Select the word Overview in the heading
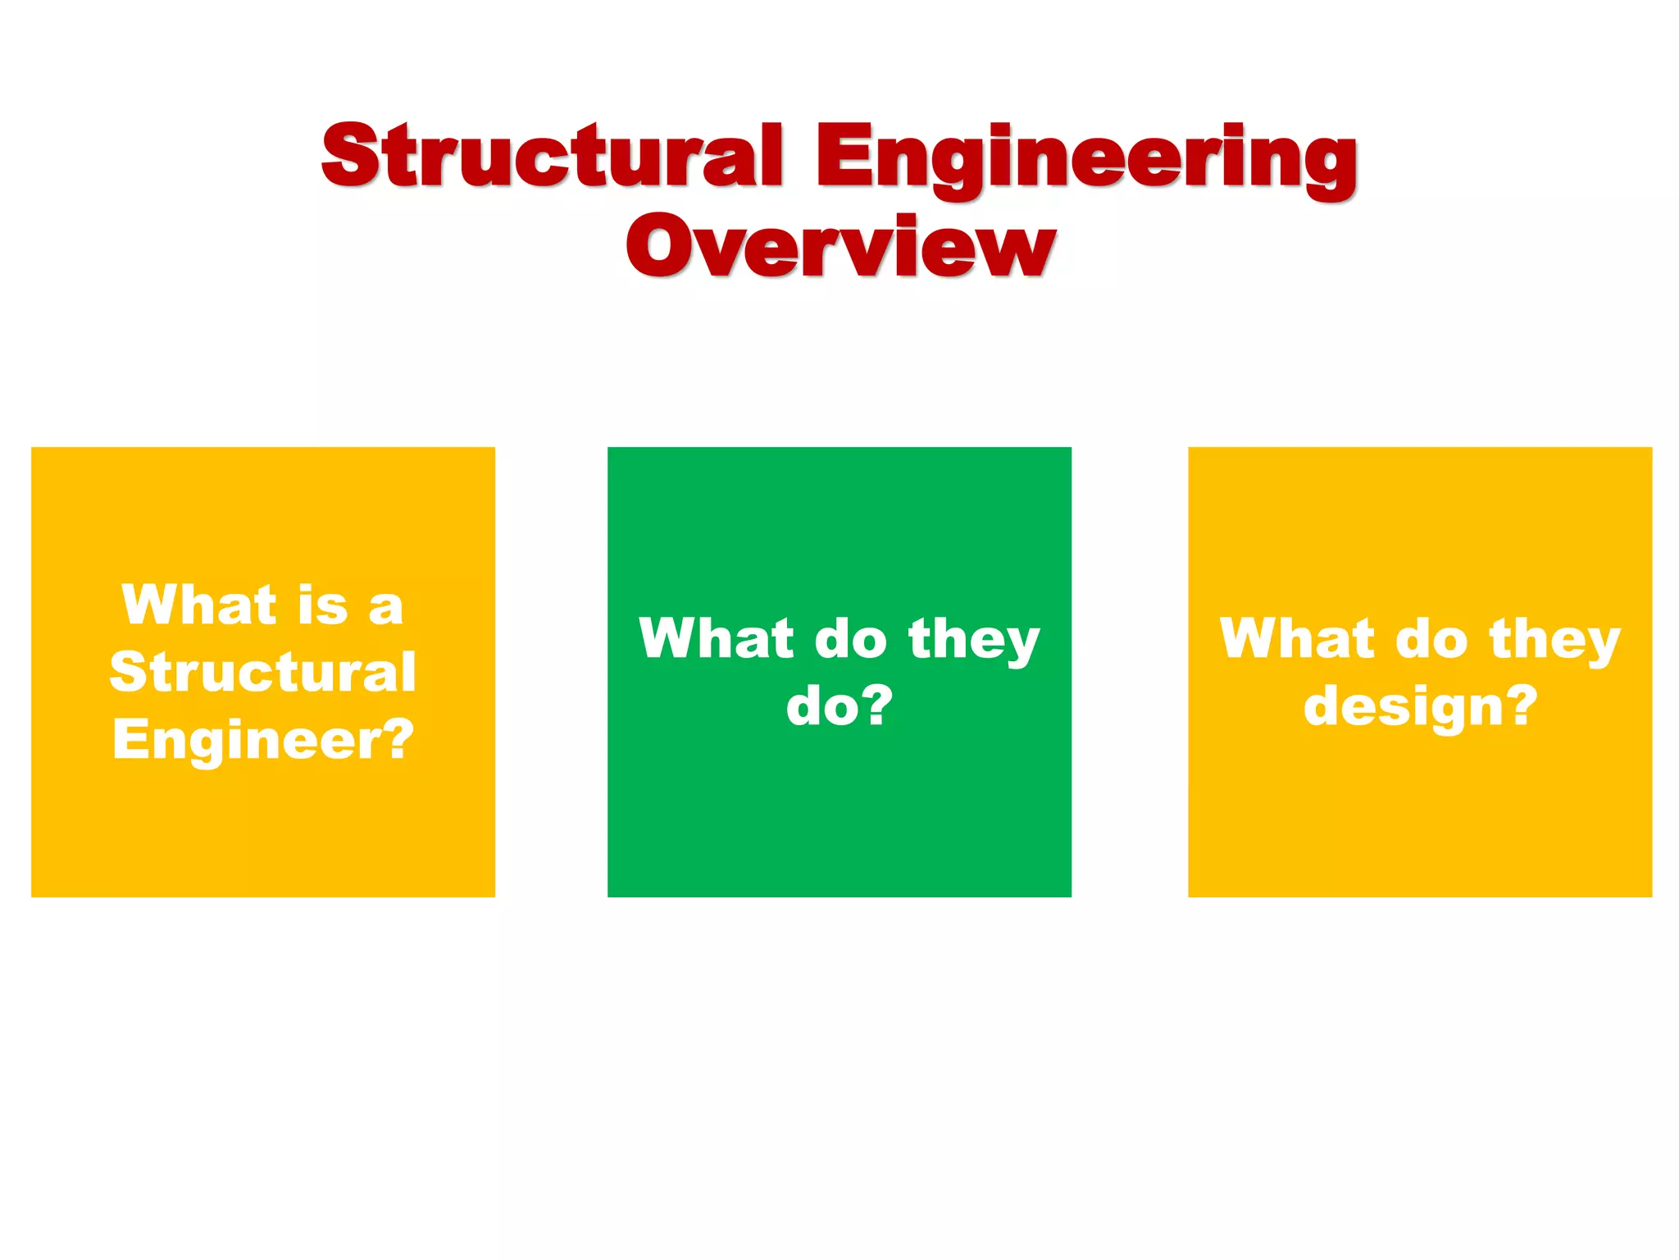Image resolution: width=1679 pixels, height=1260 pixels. [839, 245]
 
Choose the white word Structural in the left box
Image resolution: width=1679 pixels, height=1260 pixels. [262, 672]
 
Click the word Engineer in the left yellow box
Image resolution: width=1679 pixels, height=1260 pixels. [247, 740]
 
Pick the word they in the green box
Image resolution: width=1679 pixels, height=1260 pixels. [974, 640]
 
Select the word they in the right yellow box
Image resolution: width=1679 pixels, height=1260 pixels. [1554, 640]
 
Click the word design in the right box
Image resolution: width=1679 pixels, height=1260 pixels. [1403, 707]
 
